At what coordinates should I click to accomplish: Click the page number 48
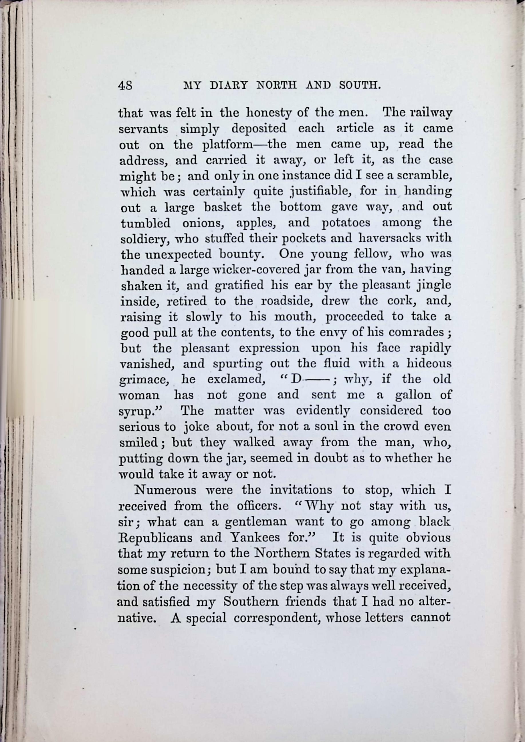pos(124,86)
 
